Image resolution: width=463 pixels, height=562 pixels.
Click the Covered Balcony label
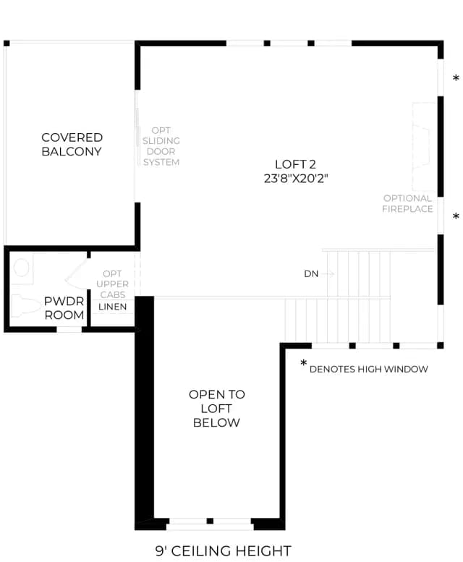[72, 145]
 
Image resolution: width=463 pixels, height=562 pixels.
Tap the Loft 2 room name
[295, 164]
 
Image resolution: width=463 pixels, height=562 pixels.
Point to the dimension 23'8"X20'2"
[296, 178]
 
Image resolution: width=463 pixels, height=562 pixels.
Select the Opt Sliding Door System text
[161, 146]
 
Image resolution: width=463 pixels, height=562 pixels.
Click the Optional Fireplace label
[407, 203]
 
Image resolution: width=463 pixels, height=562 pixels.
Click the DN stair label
[311, 274]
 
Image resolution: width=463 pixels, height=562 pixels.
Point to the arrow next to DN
[328, 274]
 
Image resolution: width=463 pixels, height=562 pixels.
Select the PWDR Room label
[64, 308]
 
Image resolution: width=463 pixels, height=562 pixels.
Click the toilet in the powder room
[25, 306]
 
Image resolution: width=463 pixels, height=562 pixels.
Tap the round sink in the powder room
[22, 268]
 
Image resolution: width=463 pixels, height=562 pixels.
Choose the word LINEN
[113, 307]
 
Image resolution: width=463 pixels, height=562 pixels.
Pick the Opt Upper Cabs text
[112, 284]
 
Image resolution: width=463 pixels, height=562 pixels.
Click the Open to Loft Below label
[217, 408]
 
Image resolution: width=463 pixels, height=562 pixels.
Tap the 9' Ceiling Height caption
[224, 550]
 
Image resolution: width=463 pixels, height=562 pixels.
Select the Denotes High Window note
[368, 369]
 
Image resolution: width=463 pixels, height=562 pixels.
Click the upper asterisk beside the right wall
[456, 78]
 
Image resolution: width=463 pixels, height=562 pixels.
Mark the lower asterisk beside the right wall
[456, 216]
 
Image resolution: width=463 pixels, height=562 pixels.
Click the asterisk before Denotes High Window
[304, 362]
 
